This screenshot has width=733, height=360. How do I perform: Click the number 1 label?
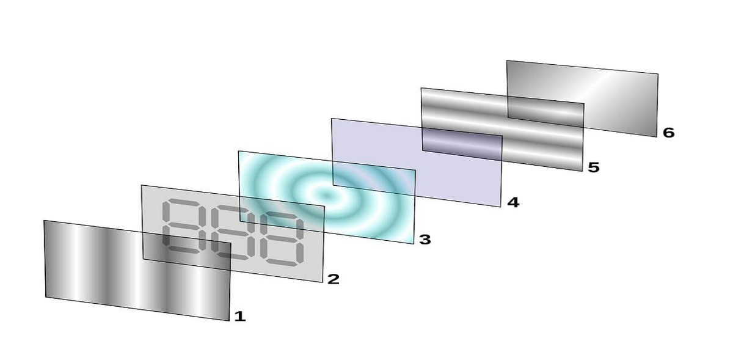tap(240, 317)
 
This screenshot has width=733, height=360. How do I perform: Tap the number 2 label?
tap(334, 279)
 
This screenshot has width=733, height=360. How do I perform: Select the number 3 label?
tap(425, 240)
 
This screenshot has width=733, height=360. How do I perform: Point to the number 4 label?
tap(513, 202)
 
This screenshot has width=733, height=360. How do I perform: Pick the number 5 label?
tap(594, 167)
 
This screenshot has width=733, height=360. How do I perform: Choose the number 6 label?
tap(668, 133)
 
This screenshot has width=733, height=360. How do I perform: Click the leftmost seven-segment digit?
tap(184, 226)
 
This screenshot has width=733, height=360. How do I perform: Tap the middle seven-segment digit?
tap(233, 232)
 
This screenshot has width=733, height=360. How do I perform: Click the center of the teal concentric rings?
tap(326, 196)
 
